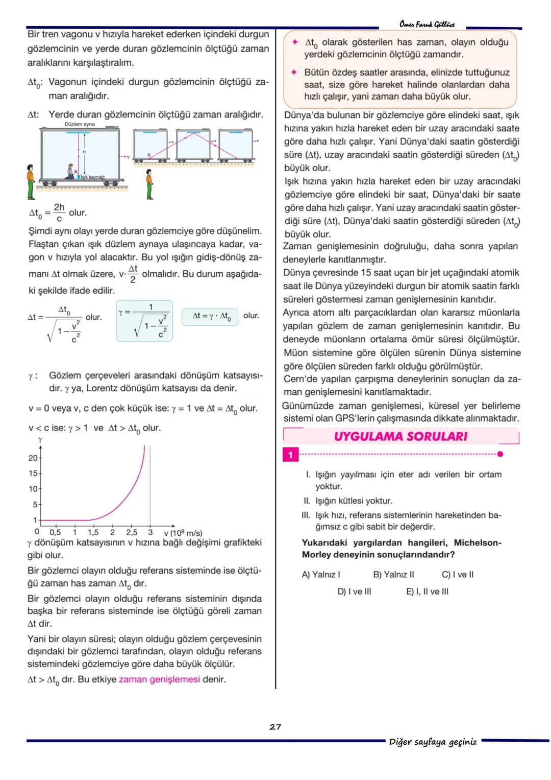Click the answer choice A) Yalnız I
click(x=321, y=575)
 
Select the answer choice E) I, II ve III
click(x=427, y=592)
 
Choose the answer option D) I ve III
click(x=354, y=592)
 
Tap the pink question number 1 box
click(x=290, y=455)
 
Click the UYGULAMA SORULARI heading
click(x=400, y=437)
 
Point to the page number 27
click(x=275, y=727)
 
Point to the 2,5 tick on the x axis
click(x=132, y=533)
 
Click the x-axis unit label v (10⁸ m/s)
click(x=183, y=533)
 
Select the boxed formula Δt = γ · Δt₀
click(x=210, y=316)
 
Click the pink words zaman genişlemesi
click(x=159, y=679)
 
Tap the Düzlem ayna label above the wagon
click(x=80, y=124)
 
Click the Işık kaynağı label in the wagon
click(x=92, y=177)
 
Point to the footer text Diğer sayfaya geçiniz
click(x=433, y=742)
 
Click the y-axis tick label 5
click(x=35, y=505)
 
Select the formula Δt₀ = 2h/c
click(x=47, y=212)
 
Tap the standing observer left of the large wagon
click(x=31, y=181)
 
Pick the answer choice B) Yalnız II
click(x=393, y=575)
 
